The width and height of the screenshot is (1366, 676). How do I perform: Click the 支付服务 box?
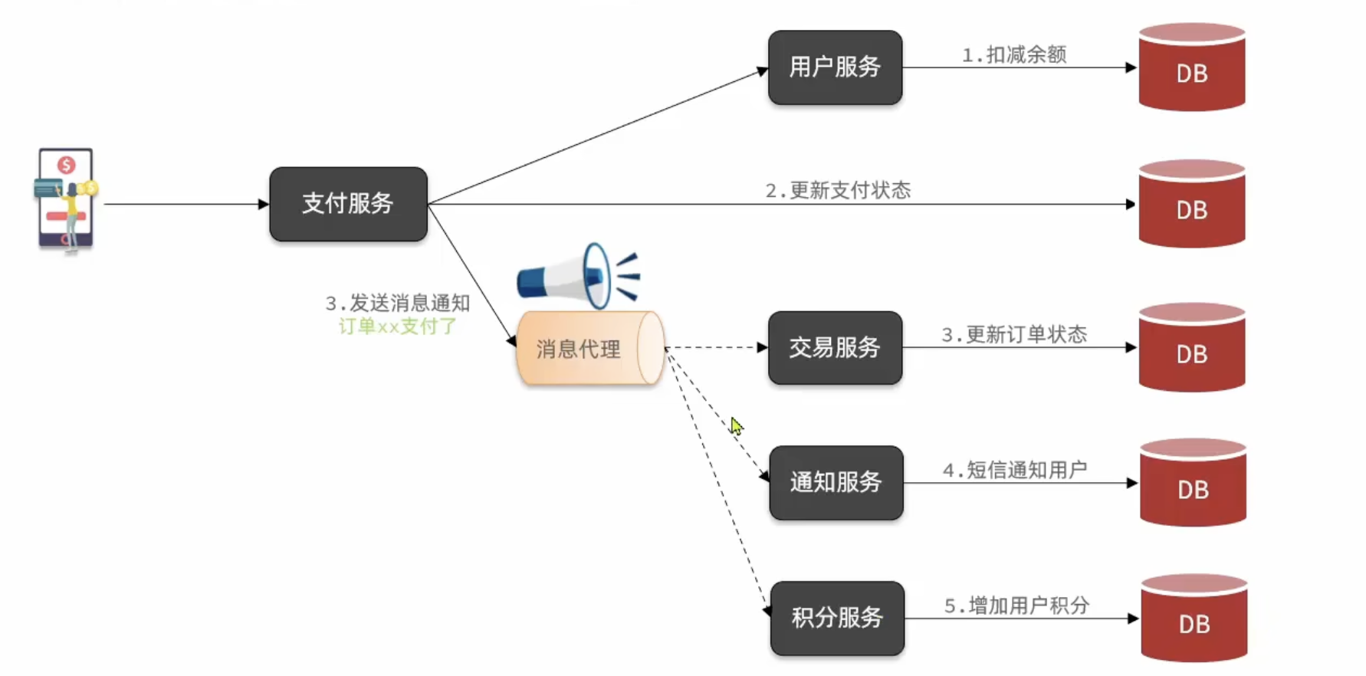tap(348, 204)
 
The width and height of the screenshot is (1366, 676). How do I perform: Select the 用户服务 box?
tap(835, 67)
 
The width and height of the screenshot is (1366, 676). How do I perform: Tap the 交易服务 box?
tap(835, 348)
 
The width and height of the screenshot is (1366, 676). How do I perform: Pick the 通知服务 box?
tap(836, 483)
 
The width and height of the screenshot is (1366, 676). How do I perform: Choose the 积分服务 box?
tap(837, 618)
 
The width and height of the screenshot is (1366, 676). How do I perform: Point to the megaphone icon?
tap(578, 275)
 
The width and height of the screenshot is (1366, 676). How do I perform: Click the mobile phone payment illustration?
tap(66, 199)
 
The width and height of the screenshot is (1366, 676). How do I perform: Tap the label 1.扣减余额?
tap(1014, 55)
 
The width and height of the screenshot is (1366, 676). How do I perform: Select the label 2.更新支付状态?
tap(838, 191)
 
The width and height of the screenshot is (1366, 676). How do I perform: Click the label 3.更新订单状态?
tap(1014, 335)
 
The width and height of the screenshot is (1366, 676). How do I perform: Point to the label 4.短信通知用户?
tap(1015, 470)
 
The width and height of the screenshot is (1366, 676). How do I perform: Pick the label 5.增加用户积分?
tap(1016, 605)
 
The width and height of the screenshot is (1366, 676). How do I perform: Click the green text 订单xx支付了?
tap(398, 327)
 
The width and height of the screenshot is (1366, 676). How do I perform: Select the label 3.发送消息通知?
tap(398, 304)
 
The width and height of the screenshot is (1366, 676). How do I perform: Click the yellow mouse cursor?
tap(736, 426)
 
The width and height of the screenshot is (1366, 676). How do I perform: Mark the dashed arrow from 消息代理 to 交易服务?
tap(716, 348)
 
